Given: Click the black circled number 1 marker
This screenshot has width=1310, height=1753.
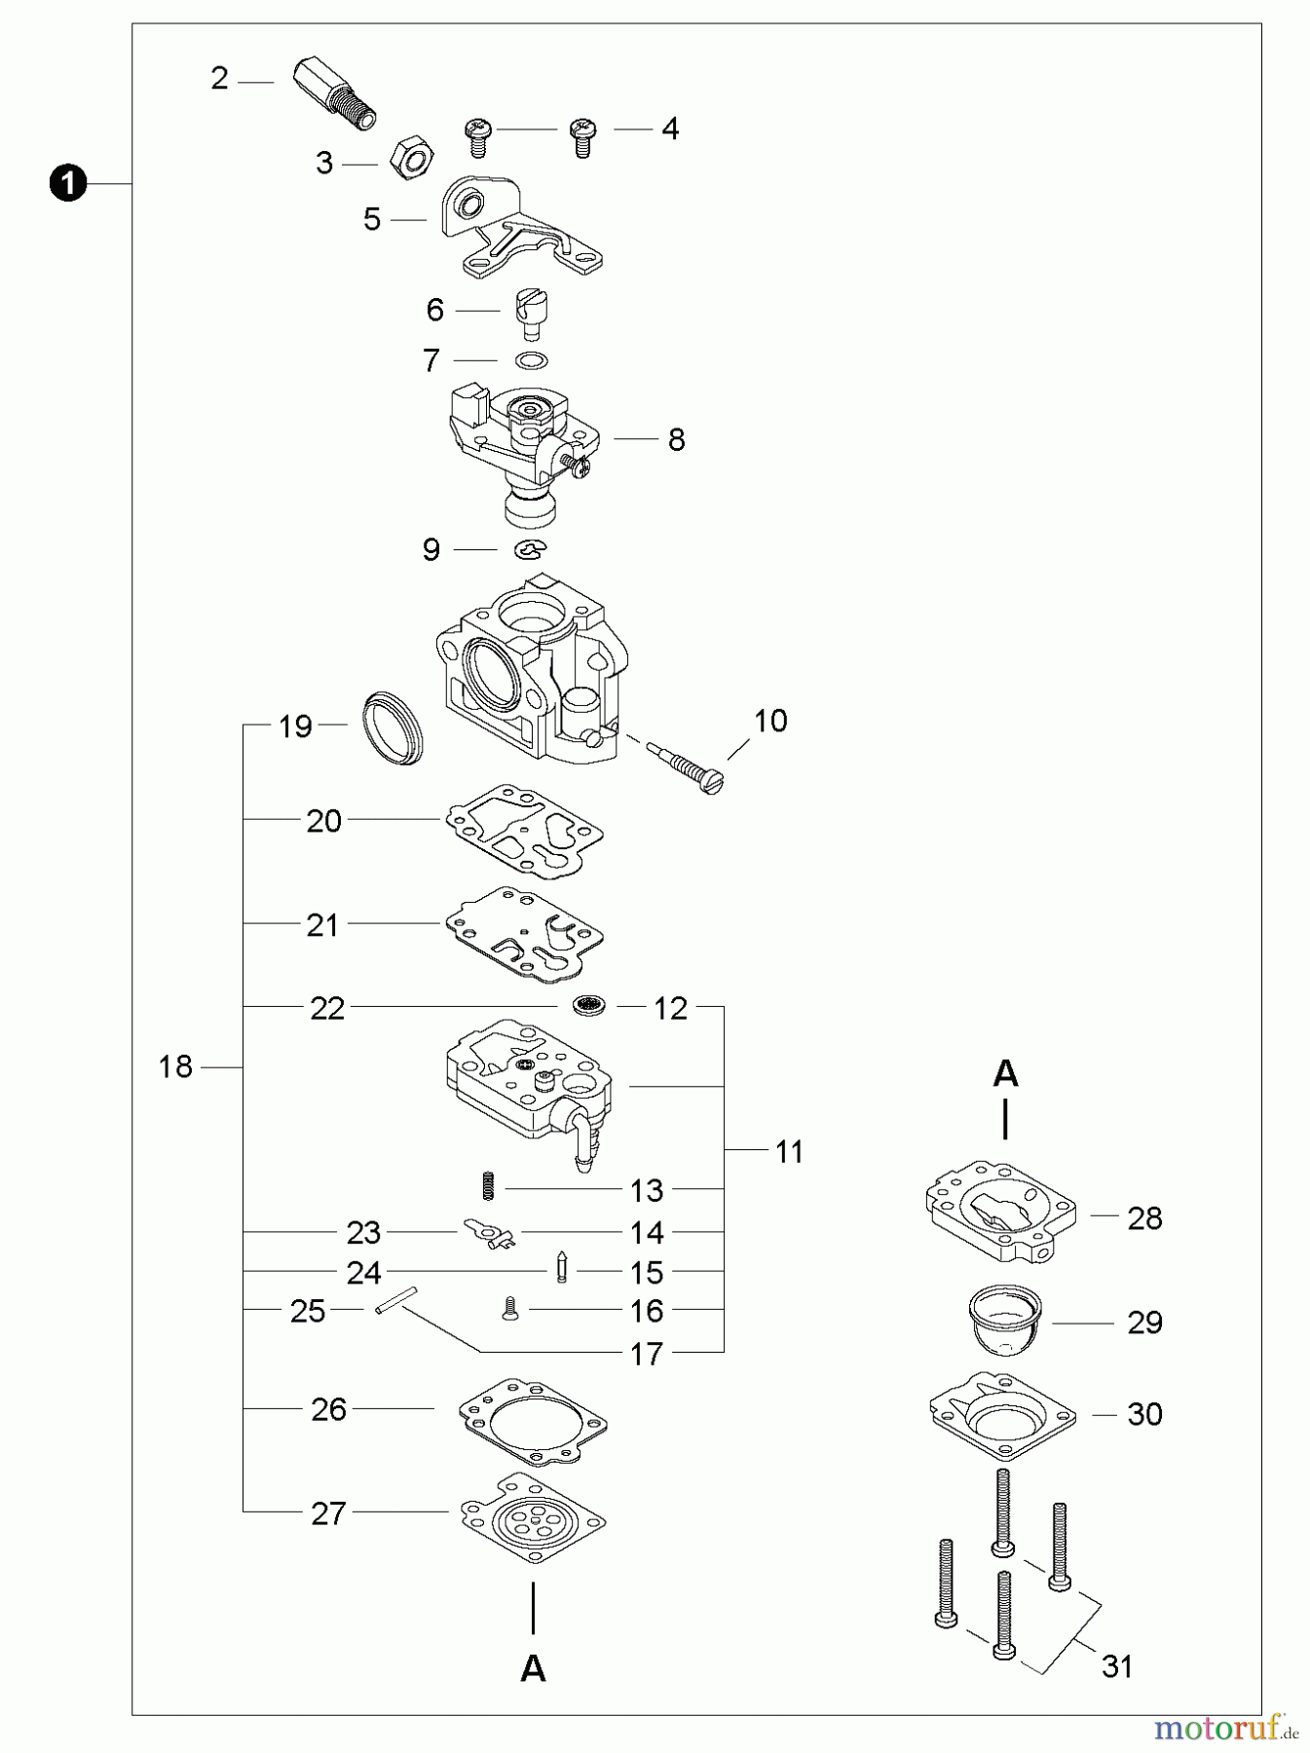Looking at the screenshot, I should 67,183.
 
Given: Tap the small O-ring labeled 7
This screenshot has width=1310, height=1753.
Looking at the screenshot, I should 530,360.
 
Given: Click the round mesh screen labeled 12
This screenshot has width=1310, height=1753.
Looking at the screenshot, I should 588,1006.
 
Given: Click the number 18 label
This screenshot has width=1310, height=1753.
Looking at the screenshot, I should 176,1067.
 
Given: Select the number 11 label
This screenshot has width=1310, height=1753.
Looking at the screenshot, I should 789,1152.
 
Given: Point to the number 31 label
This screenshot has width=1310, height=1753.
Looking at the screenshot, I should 1117,1666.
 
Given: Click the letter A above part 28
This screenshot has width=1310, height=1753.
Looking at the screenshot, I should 1005,1074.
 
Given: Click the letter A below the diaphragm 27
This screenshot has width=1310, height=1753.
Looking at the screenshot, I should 533,1667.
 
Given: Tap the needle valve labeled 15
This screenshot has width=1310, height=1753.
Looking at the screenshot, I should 561,1267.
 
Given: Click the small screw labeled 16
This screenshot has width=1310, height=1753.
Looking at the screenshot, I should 508,1310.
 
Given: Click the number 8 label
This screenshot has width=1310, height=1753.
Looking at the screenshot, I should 676,439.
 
